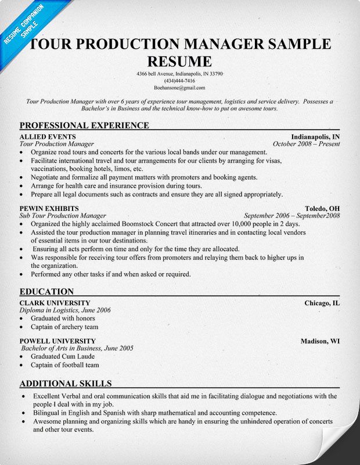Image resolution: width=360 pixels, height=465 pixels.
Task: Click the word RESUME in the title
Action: (x=179, y=61)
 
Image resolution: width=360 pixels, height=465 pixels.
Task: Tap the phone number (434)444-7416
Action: (x=179, y=81)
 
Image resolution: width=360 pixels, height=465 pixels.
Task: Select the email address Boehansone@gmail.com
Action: (x=179, y=88)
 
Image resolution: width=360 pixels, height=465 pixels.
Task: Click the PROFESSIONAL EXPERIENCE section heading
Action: (x=84, y=125)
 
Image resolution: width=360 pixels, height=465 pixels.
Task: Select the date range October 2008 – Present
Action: (x=306, y=144)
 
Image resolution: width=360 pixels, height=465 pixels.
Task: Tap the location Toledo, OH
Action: (x=322, y=208)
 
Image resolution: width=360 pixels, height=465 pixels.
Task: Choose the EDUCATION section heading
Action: (x=46, y=291)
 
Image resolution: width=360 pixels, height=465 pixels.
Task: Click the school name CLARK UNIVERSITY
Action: (x=55, y=303)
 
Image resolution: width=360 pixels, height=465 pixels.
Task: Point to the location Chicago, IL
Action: (x=322, y=303)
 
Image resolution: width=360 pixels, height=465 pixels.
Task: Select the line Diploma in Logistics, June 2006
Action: (x=65, y=310)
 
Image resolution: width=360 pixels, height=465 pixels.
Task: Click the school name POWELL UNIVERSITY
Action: (x=57, y=341)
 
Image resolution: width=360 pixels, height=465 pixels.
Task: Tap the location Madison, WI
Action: (x=320, y=341)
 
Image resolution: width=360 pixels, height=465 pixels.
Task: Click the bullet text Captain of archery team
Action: (x=64, y=327)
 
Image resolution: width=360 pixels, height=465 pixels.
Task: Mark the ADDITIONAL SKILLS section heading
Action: (x=66, y=383)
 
